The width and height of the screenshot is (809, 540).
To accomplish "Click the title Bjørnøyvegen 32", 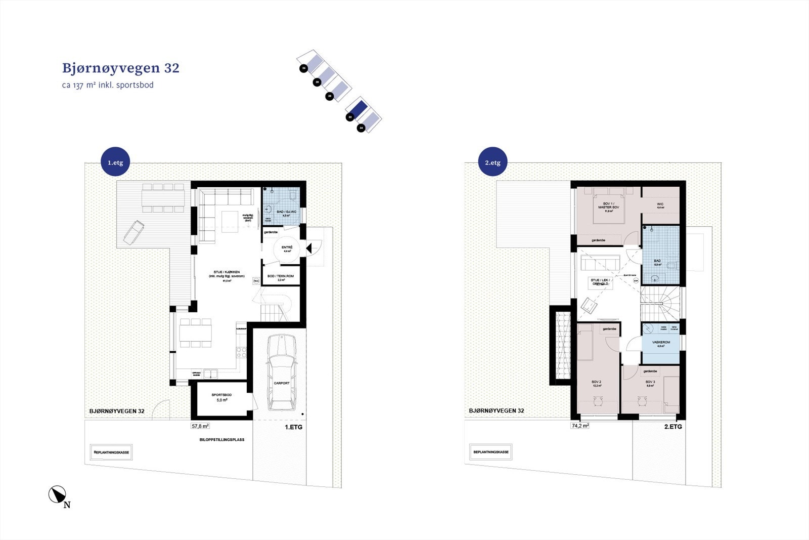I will [x=120, y=68].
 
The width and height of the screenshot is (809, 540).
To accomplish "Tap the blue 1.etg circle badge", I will [x=115, y=162].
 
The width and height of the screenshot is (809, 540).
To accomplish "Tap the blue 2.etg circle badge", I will [x=492, y=162].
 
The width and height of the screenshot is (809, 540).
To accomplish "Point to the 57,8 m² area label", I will [x=200, y=426].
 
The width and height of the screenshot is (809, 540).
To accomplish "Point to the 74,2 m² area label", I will [x=580, y=426].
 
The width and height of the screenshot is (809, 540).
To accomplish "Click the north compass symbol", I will [x=58, y=494].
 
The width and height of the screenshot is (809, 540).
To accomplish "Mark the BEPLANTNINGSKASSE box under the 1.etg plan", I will [x=112, y=452].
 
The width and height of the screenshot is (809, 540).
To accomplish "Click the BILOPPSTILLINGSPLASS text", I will [x=222, y=439].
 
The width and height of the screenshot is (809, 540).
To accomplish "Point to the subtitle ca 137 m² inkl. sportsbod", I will [x=108, y=85].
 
